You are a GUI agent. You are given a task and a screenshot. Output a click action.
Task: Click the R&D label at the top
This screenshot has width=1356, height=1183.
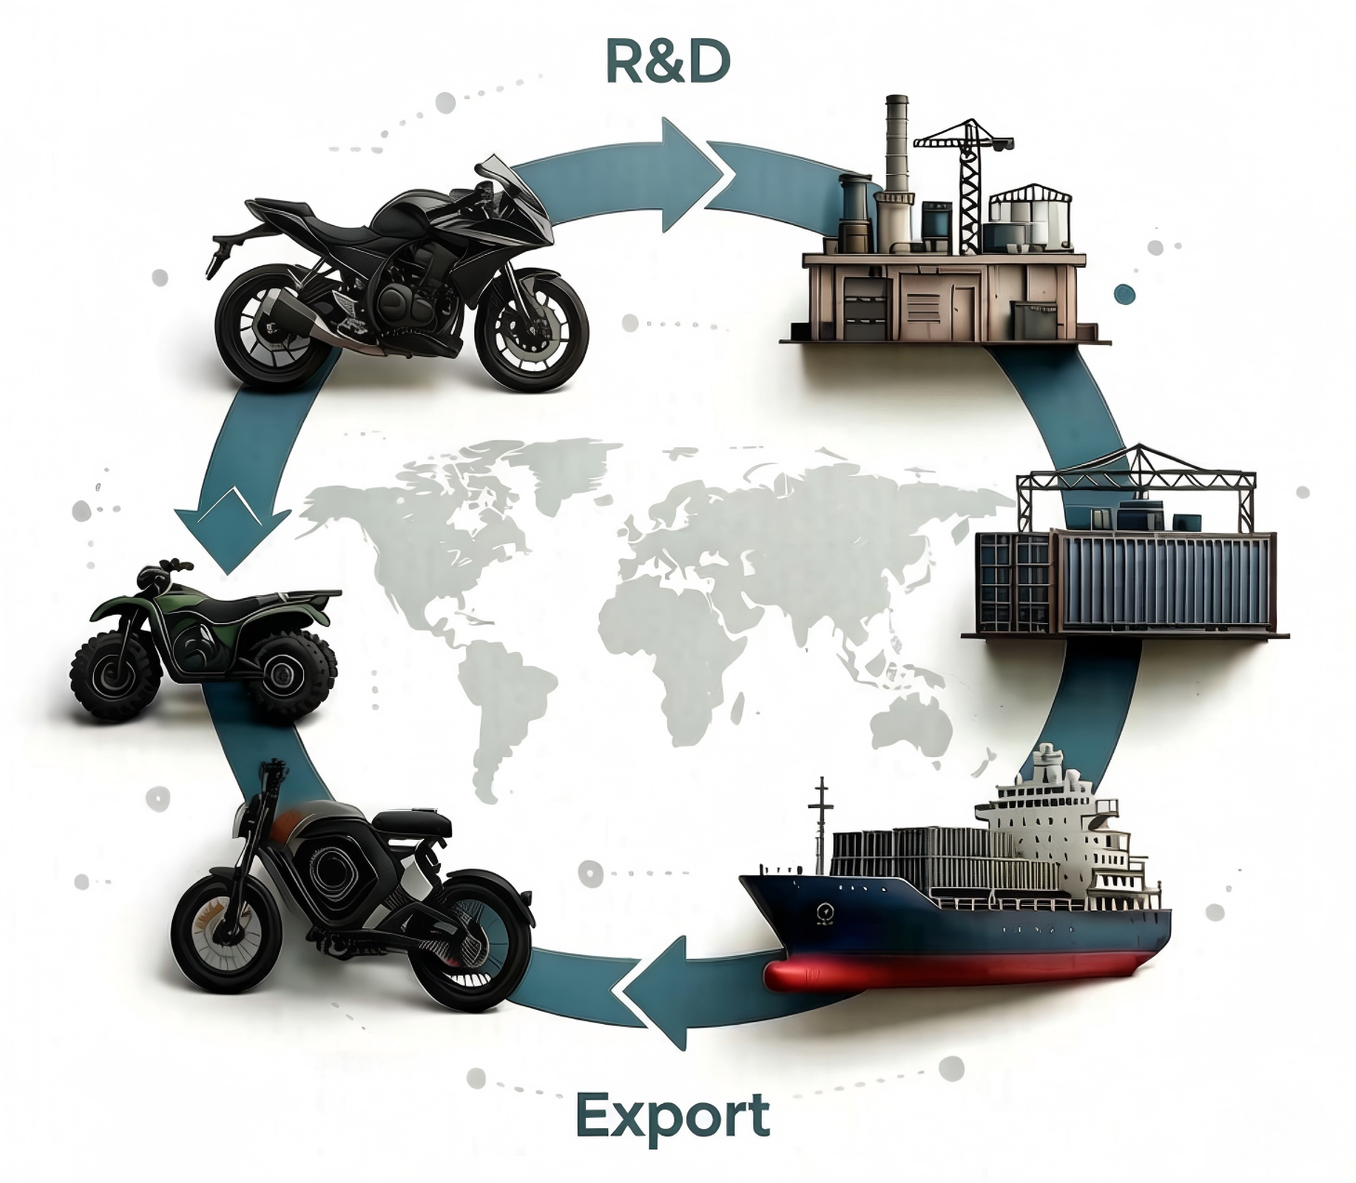coord(668,62)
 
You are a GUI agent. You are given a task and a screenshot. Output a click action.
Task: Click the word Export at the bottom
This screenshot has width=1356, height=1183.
coord(672,1114)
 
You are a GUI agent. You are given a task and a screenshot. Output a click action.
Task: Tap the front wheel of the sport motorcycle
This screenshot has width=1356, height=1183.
coord(532,330)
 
